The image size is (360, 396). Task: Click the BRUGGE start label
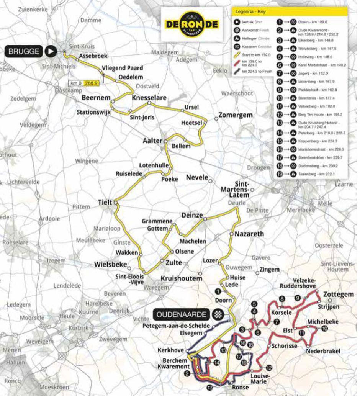coord(24,51)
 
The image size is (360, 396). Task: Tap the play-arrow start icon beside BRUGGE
coord(51,51)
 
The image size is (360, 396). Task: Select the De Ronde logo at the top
coord(191,24)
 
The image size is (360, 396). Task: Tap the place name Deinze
coord(192,215)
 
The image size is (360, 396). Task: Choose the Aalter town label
coord(152,141)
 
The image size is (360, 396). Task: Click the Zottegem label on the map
coord(339,295)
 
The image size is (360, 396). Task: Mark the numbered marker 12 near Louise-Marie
coord(269,368)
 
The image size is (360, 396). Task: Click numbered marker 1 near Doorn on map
coord(218,291)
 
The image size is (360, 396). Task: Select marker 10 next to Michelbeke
coord(325,329)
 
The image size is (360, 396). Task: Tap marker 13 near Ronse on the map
coord(209,388)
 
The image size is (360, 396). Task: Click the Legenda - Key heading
coord(251,12)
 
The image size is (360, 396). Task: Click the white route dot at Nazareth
coord(231,234)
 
